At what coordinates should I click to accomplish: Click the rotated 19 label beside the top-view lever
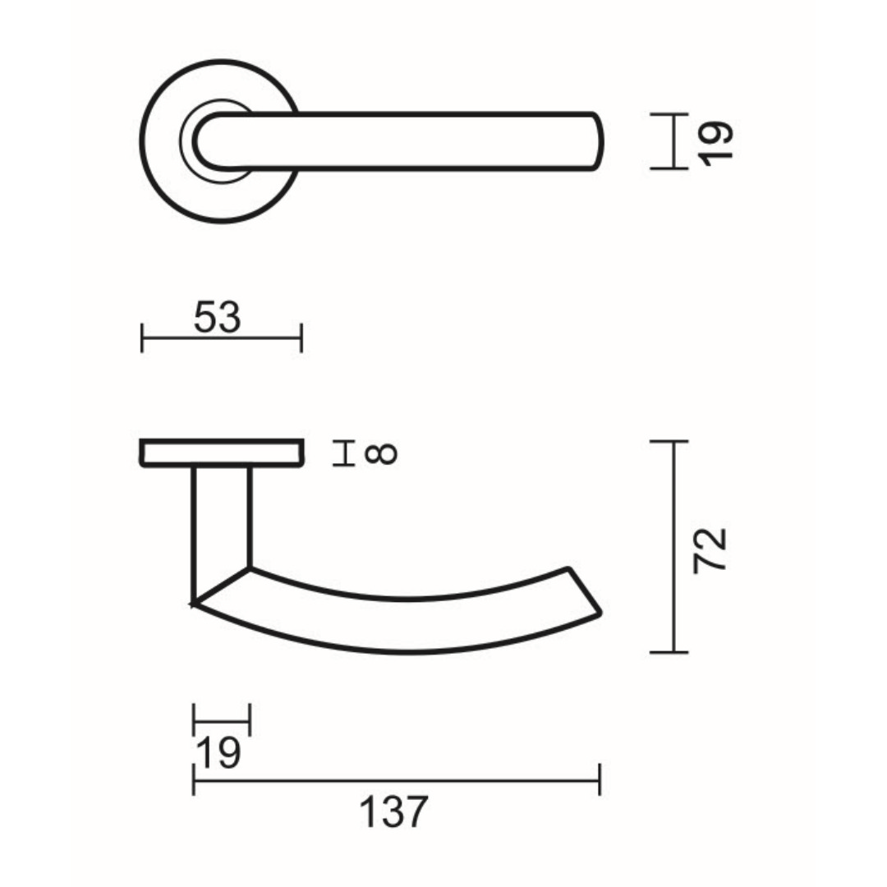click(x=716, y=142)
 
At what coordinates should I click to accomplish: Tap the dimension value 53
click(x=218, y=318)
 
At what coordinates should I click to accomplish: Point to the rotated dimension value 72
click(x=710, y=550)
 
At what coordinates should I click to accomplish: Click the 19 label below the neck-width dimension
click(x=218, y=753)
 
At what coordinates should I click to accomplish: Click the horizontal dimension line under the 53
click(x=222, y=338)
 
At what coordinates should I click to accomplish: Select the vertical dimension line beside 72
click(x=674, y=546)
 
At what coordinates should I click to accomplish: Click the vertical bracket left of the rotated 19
click(x=674, y=141)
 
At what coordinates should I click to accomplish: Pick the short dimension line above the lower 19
click(x=221, y=720)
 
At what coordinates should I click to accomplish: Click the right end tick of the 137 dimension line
click(x=600, y=779)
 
